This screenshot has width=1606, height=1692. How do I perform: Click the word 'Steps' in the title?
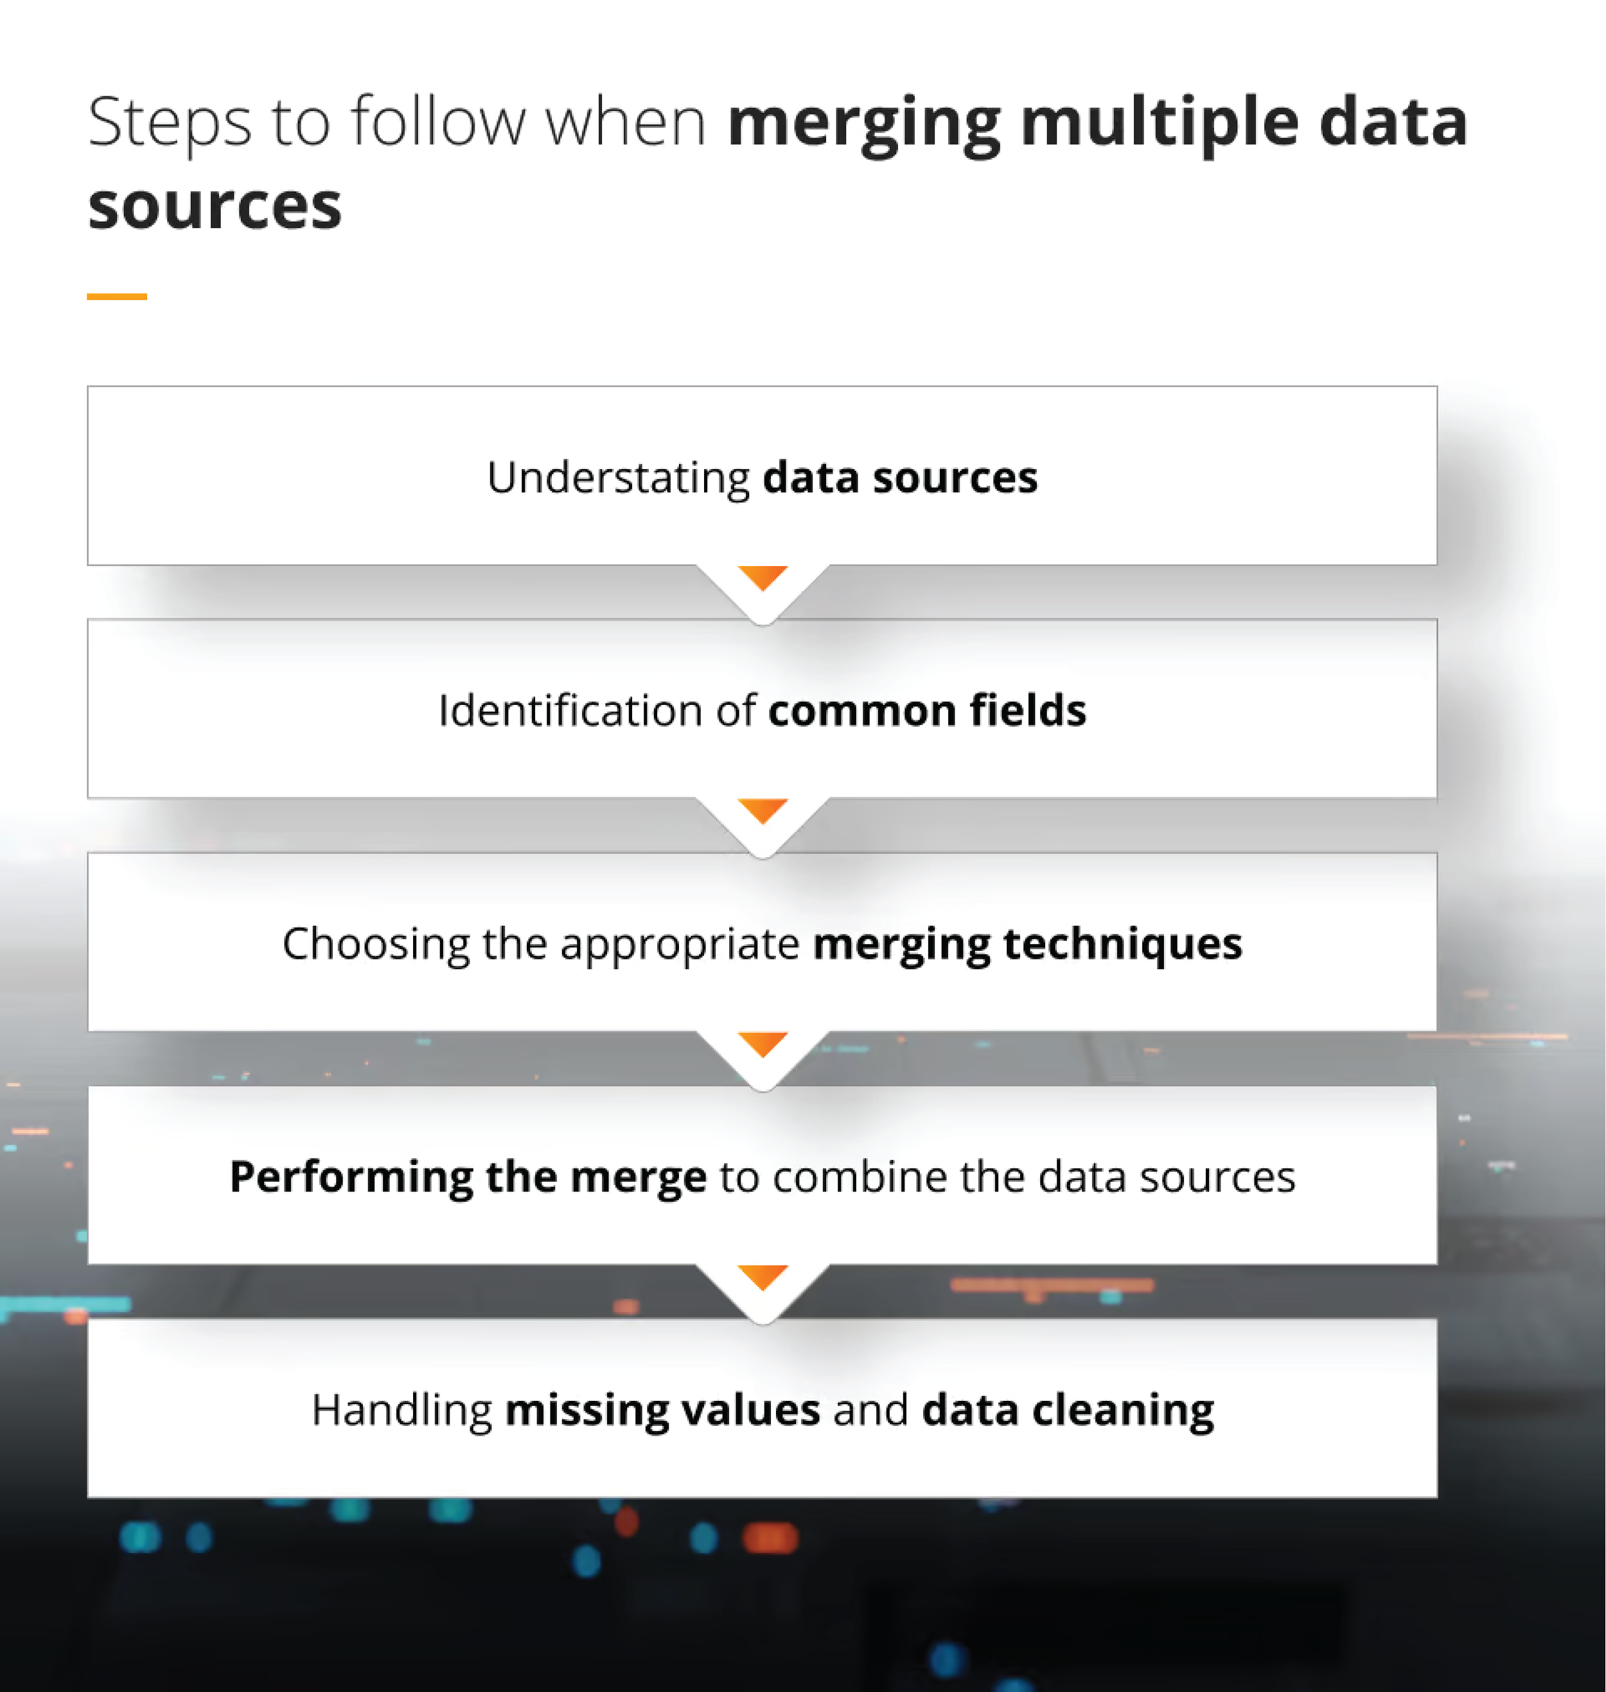click(170, 123)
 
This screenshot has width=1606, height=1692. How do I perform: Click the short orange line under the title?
click(116, 296)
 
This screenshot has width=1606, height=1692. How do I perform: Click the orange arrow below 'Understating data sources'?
click(762, 577)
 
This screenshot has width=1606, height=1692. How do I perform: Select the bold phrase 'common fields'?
click(927, 711)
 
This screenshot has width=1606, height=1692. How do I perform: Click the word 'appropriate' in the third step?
click(680, 945)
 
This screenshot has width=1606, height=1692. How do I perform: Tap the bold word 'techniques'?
click(1122, 945)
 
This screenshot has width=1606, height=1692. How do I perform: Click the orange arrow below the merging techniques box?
click(762, 1043)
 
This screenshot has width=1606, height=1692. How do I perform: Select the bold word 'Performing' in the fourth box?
click(351, 1177)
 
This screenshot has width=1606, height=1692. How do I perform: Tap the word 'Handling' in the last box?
click(401, 1411)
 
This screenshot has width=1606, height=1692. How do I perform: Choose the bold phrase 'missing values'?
click(662, 1411)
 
